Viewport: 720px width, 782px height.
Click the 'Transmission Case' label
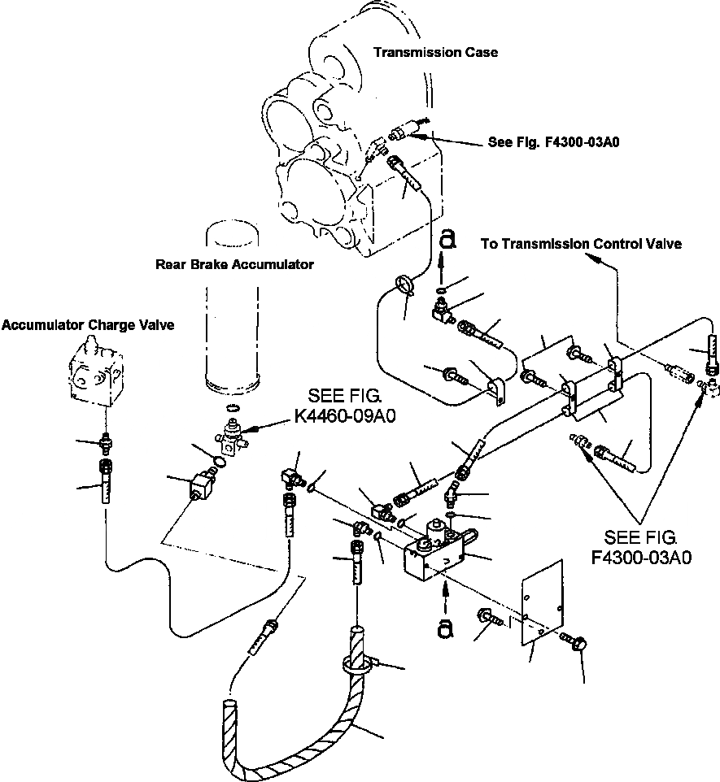[x=435, y=52]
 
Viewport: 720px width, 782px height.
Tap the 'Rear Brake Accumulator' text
[x=234, y=264]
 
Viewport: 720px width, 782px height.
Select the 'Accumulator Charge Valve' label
[x=88, y=325]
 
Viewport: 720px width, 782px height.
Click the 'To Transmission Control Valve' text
[x=581, y=244]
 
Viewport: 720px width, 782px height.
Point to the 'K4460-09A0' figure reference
[x=344, y=416]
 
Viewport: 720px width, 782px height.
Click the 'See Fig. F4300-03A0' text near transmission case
[x=553, y=142]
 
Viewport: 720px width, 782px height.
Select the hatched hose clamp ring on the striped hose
[x=357, y=664]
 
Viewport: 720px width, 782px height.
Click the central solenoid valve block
[x=438, y=549]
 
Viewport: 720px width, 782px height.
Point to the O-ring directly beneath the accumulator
[x=232, y=408]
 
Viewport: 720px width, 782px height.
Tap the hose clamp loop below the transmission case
[x=405, y=286]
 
